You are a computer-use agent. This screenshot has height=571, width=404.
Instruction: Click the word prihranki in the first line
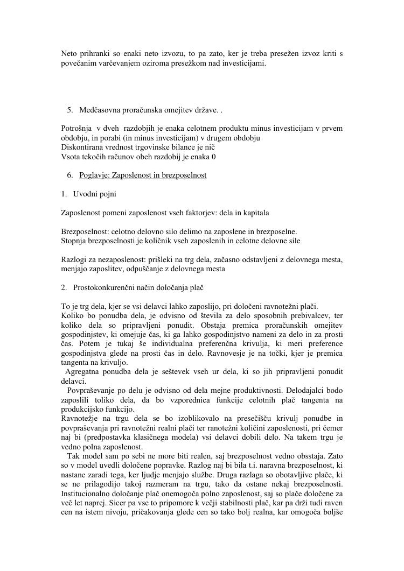pyautogui.click(x=94, y=54)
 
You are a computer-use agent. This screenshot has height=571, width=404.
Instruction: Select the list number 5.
pyautogui.click(x=70, y=110)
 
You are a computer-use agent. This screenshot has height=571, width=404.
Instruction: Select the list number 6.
pyautogui.click(x=70, y=175)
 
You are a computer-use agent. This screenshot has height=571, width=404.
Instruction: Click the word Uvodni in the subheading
pyautogui.click(x=85, y=194)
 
